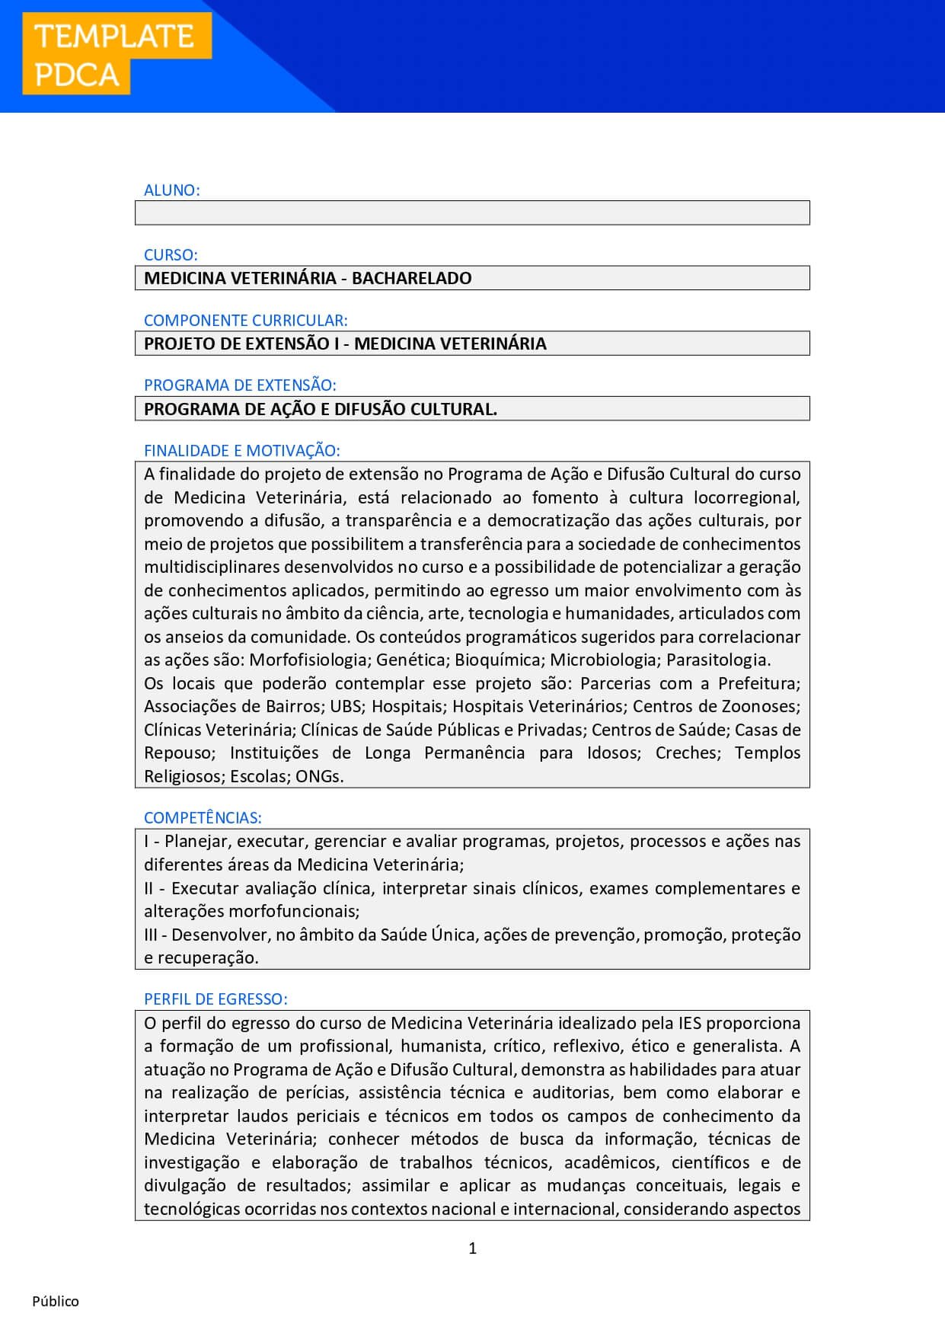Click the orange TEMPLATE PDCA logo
pyautogui.click(x=114, y=55)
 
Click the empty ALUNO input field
pyautogui.click(x=472, y=213)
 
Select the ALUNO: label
pyautogui.click(x=172, y=190)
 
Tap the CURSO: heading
pyautogui.click(x=171, y=255)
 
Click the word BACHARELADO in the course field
pyautogui.click(x=411, y=278)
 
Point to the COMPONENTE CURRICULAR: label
pyautogui.click(x=246, y=321)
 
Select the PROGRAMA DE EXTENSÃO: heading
pyautogui.click(x=240, y=385)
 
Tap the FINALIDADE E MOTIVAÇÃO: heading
pyautogui.click(x=242, y=451)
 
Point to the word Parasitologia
pyautogui.click(x=718, y=660)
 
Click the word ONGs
pyautogui.click(x=319, y=776)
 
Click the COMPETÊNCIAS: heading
pyautogui.click(x=203, y=818)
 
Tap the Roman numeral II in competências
pyautogui.click(x=148, y=888)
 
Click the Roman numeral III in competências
pyautogui.click(x=151, y=935)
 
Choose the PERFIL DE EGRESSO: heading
pyautogui.click(x=215, y=999)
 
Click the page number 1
pyautogui.click(x=473, y=1248)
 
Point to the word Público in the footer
pyautogui.click(x=56, y=1301)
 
